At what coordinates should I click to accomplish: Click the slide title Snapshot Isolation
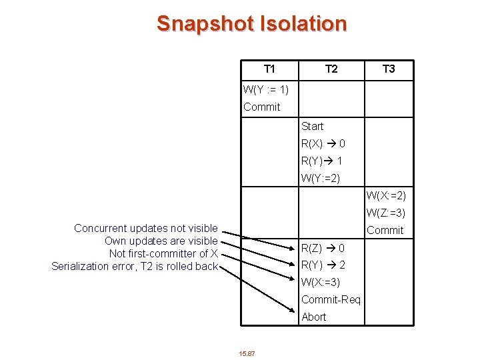click(251, 23)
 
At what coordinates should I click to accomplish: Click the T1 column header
click(269, 69)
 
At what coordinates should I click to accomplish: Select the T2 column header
click(331, 69)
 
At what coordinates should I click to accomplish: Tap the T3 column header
click(389, 69)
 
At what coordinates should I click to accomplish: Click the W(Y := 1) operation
click(266, 89)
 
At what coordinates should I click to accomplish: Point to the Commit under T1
click(261, 107)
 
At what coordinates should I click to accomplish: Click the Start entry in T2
click(312, 126)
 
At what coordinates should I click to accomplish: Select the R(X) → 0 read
click(323, 143)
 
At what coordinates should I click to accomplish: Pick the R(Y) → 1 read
click(322, 161)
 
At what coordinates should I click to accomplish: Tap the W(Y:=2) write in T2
click(321, 178)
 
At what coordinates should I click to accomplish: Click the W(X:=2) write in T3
click(385, 195)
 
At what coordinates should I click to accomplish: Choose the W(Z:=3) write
click(385, 213)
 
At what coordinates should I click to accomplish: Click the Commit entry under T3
click(385, 230)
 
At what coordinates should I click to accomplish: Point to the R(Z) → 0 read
click(323, 248)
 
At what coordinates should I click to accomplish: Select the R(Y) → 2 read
click(323, 265)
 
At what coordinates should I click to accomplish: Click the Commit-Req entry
click(331, 299)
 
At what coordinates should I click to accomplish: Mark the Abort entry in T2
click(313, 317)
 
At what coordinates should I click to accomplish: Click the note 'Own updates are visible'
click(161, 241)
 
